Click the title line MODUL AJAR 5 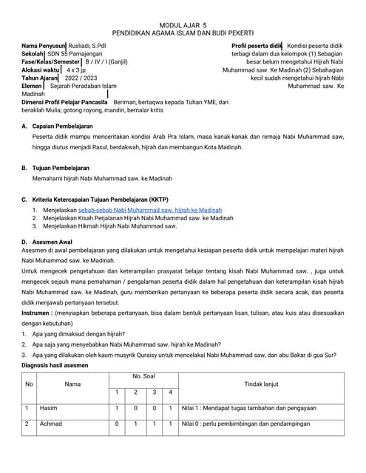pyautogui.click(x=183, y=24)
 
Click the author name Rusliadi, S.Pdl pyautogui.click(x=88, y=46)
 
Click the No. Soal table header pyautogui.click(x=143, y=378)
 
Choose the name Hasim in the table pyautogui.click(x=49, y=408)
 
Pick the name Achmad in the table pyautogui.click(x=52, y=424)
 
